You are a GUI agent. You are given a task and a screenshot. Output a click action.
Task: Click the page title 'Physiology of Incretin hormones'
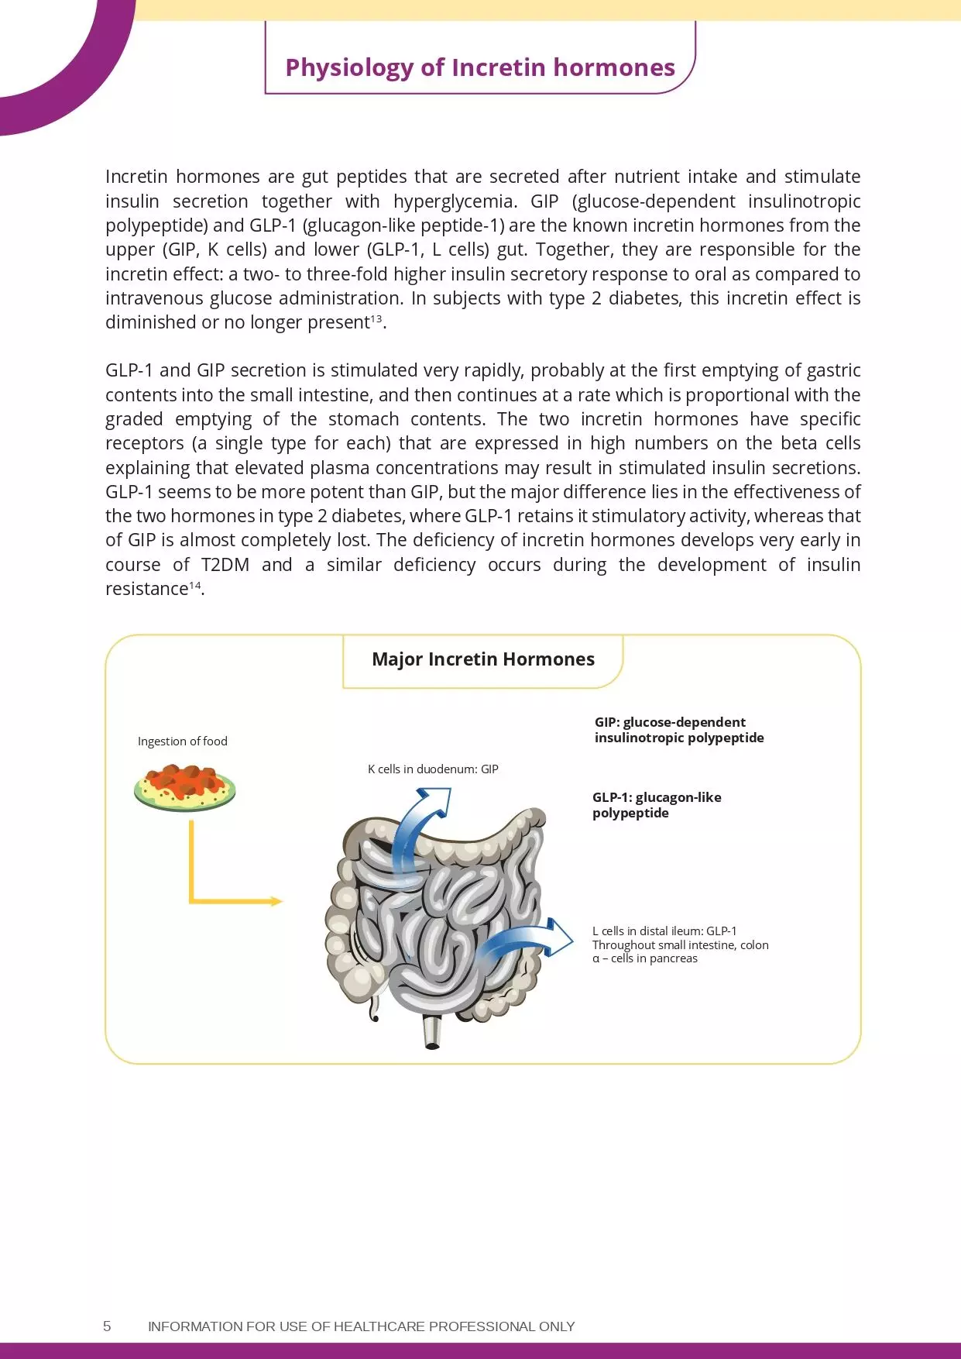pos(480,68)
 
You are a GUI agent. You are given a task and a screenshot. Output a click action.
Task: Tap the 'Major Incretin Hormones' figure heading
pos(483,659)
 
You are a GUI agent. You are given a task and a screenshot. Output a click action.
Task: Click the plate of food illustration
pos(184,788)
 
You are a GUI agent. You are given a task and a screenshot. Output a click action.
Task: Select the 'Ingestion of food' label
pos(183,741)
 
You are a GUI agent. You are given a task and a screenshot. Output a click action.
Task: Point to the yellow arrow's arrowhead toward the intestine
pos(276,901)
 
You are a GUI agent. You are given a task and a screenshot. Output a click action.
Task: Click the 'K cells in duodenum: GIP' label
pos(433,769)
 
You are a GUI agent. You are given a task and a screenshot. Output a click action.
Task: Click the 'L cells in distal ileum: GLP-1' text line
pos(664,931)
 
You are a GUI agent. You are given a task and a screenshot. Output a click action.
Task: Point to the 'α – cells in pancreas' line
pos(645,958)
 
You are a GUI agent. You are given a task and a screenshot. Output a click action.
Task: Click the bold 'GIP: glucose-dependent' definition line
pos(670,722)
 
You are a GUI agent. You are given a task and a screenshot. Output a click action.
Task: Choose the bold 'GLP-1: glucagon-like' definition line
pos(657,797)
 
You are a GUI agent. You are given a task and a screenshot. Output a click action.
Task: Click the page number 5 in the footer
pos(107,1326)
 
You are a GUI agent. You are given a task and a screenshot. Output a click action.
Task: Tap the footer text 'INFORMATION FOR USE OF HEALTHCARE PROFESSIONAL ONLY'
pos(361,1326)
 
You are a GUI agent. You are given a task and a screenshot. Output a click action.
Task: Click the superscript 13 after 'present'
pos(376,318)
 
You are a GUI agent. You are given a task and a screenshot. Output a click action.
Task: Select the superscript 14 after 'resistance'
pos(195,585)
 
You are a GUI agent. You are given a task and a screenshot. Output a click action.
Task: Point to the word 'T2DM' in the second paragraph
pos(225,565)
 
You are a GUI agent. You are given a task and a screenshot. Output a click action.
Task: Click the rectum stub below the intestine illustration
pos(432,1033)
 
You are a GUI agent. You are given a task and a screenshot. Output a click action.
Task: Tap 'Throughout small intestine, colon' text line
pos(680,945)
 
